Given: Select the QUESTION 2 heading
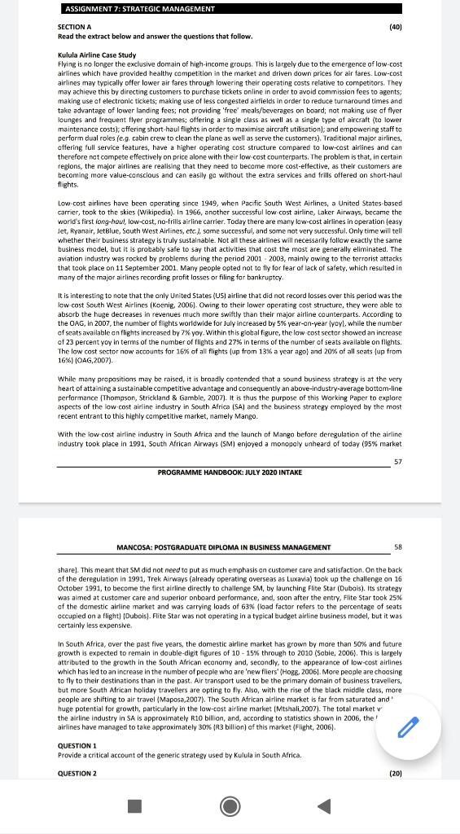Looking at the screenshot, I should [77, 772].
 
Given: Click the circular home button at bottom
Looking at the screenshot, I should [230, 806].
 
